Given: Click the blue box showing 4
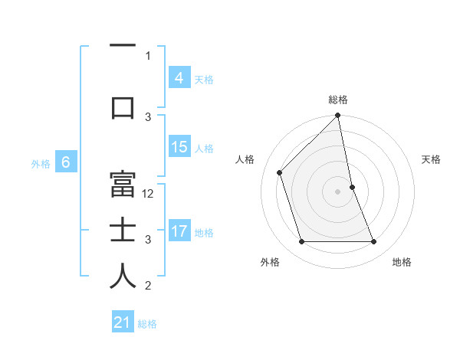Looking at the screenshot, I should [x=179, y=78].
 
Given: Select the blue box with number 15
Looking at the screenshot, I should [x=179, y=147].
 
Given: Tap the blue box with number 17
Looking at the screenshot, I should [x=179, y=231].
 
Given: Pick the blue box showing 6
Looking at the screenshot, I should [x=66, y=162].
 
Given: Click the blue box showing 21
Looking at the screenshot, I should [x=123, y=322].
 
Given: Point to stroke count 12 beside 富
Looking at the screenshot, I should [x=149, y=194].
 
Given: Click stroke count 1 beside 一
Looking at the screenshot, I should [x=148, y=55].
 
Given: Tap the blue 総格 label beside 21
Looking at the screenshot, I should [x=147, y=324].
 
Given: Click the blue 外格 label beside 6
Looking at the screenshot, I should [x=41, y=163].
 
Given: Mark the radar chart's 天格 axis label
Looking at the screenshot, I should [x=432, y=159].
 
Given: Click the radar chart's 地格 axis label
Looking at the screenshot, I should [x=402, y=262].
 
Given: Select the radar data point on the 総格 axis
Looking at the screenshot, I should [x=337, y=116].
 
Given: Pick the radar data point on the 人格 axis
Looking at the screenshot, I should [x=280, y=172].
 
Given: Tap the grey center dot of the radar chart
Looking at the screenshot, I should [x=337, y=191].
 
